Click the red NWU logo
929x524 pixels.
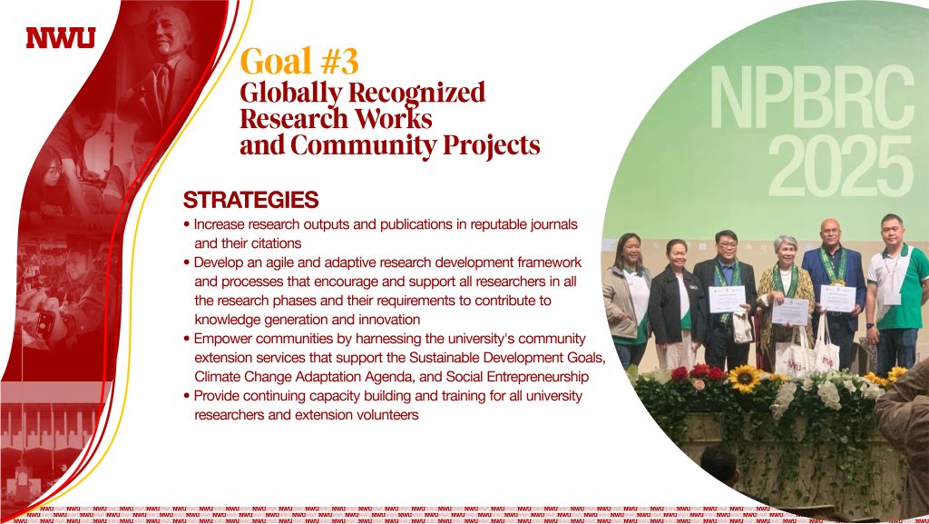[61, 38]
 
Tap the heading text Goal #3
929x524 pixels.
[299, 62]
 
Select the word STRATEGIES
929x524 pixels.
[250, 200]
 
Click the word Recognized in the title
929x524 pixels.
[416, 93]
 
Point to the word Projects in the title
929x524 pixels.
[491, 146]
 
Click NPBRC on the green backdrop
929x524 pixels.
[812, 97]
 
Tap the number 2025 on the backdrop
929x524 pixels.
[840, 166]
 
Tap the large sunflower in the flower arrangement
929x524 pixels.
[744, 379]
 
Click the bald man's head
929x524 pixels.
[831, 232]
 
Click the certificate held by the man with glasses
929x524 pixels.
[727, 299]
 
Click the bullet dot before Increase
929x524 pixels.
[187, 224]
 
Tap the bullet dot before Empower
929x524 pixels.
[187, 339]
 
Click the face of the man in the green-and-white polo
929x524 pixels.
[893, 232]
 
